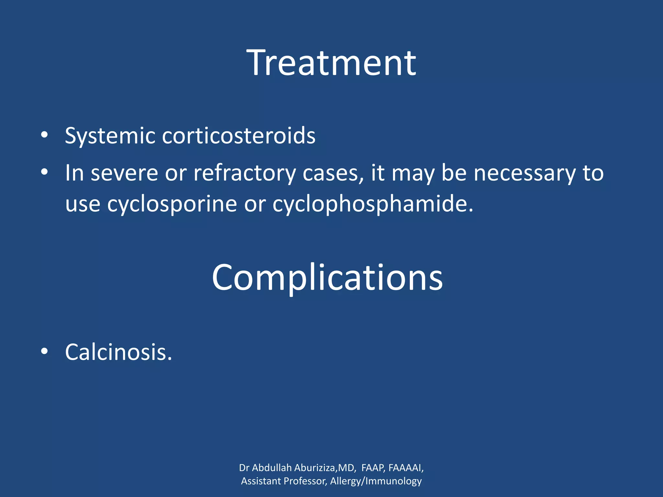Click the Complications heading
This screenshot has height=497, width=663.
327,278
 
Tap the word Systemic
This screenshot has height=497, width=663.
110,136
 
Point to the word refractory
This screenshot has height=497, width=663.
244,173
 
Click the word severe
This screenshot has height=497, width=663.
124,173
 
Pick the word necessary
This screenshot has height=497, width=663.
525,173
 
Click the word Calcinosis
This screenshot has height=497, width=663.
118,352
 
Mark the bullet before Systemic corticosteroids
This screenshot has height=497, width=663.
44,135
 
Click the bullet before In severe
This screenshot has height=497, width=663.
44,172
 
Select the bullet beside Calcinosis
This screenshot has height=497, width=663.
44,352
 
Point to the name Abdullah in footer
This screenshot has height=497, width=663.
272,468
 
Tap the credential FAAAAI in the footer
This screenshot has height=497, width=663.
405,468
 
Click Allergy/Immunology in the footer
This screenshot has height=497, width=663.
376,481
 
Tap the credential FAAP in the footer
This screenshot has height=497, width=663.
373,468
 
